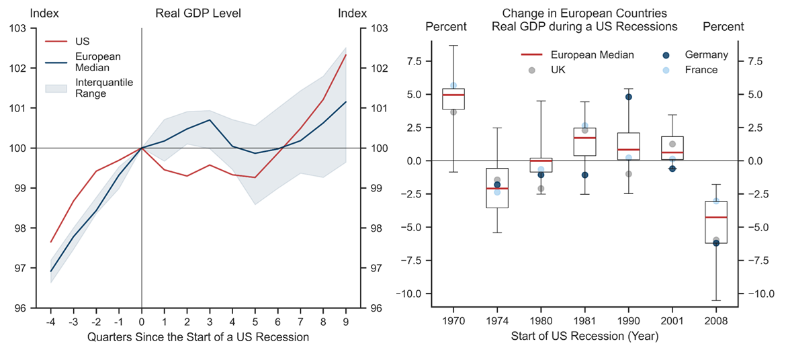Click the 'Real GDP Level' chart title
point(198,13)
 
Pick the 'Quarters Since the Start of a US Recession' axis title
point(198,337)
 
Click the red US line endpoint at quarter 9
point(346,54)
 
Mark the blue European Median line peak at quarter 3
point(210,120)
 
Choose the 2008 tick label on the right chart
point(716,320)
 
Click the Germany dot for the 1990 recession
point(629,97)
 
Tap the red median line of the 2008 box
point(716,218)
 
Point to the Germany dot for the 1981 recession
point(584,175)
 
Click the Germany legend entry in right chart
point(706,55)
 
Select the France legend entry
point(701,70)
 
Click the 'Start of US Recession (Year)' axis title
point(584,337)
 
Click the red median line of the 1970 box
point(453,95)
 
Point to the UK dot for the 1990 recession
point(629,174)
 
